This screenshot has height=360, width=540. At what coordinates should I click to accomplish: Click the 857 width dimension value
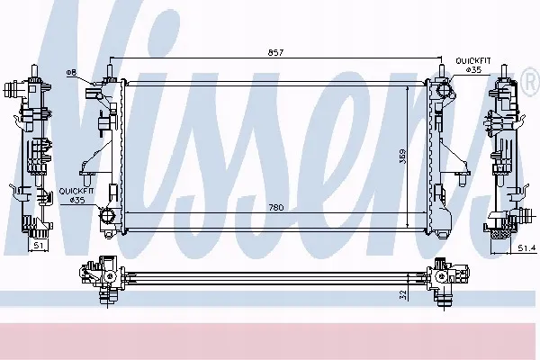click(x=275, y=53)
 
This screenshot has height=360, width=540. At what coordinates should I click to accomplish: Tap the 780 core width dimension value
click(x=276, y=207)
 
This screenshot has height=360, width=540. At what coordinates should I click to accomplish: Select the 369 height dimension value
click(x=403, y=156)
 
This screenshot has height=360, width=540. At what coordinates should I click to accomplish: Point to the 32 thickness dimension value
click(x=403, y=294)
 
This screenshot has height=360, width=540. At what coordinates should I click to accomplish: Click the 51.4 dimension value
click(x=526, y=247)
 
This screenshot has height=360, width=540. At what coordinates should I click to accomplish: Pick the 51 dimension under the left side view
click(x=39, y=246)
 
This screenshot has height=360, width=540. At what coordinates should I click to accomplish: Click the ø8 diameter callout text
click(x=71, y=72)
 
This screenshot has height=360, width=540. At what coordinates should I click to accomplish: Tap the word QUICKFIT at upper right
click(x=473, y=61)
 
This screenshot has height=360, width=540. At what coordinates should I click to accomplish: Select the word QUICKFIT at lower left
click(x=76, y=191)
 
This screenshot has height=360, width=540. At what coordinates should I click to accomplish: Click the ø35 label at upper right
click(x=473, y=69)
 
